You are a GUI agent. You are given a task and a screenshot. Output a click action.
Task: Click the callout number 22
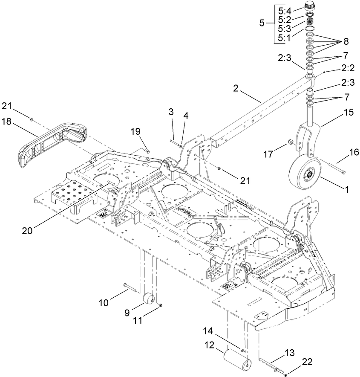tap(307, 362)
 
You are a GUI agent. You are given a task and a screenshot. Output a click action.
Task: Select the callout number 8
tap(346, 42)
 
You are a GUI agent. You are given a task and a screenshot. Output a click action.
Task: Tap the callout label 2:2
tap(348, 68)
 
